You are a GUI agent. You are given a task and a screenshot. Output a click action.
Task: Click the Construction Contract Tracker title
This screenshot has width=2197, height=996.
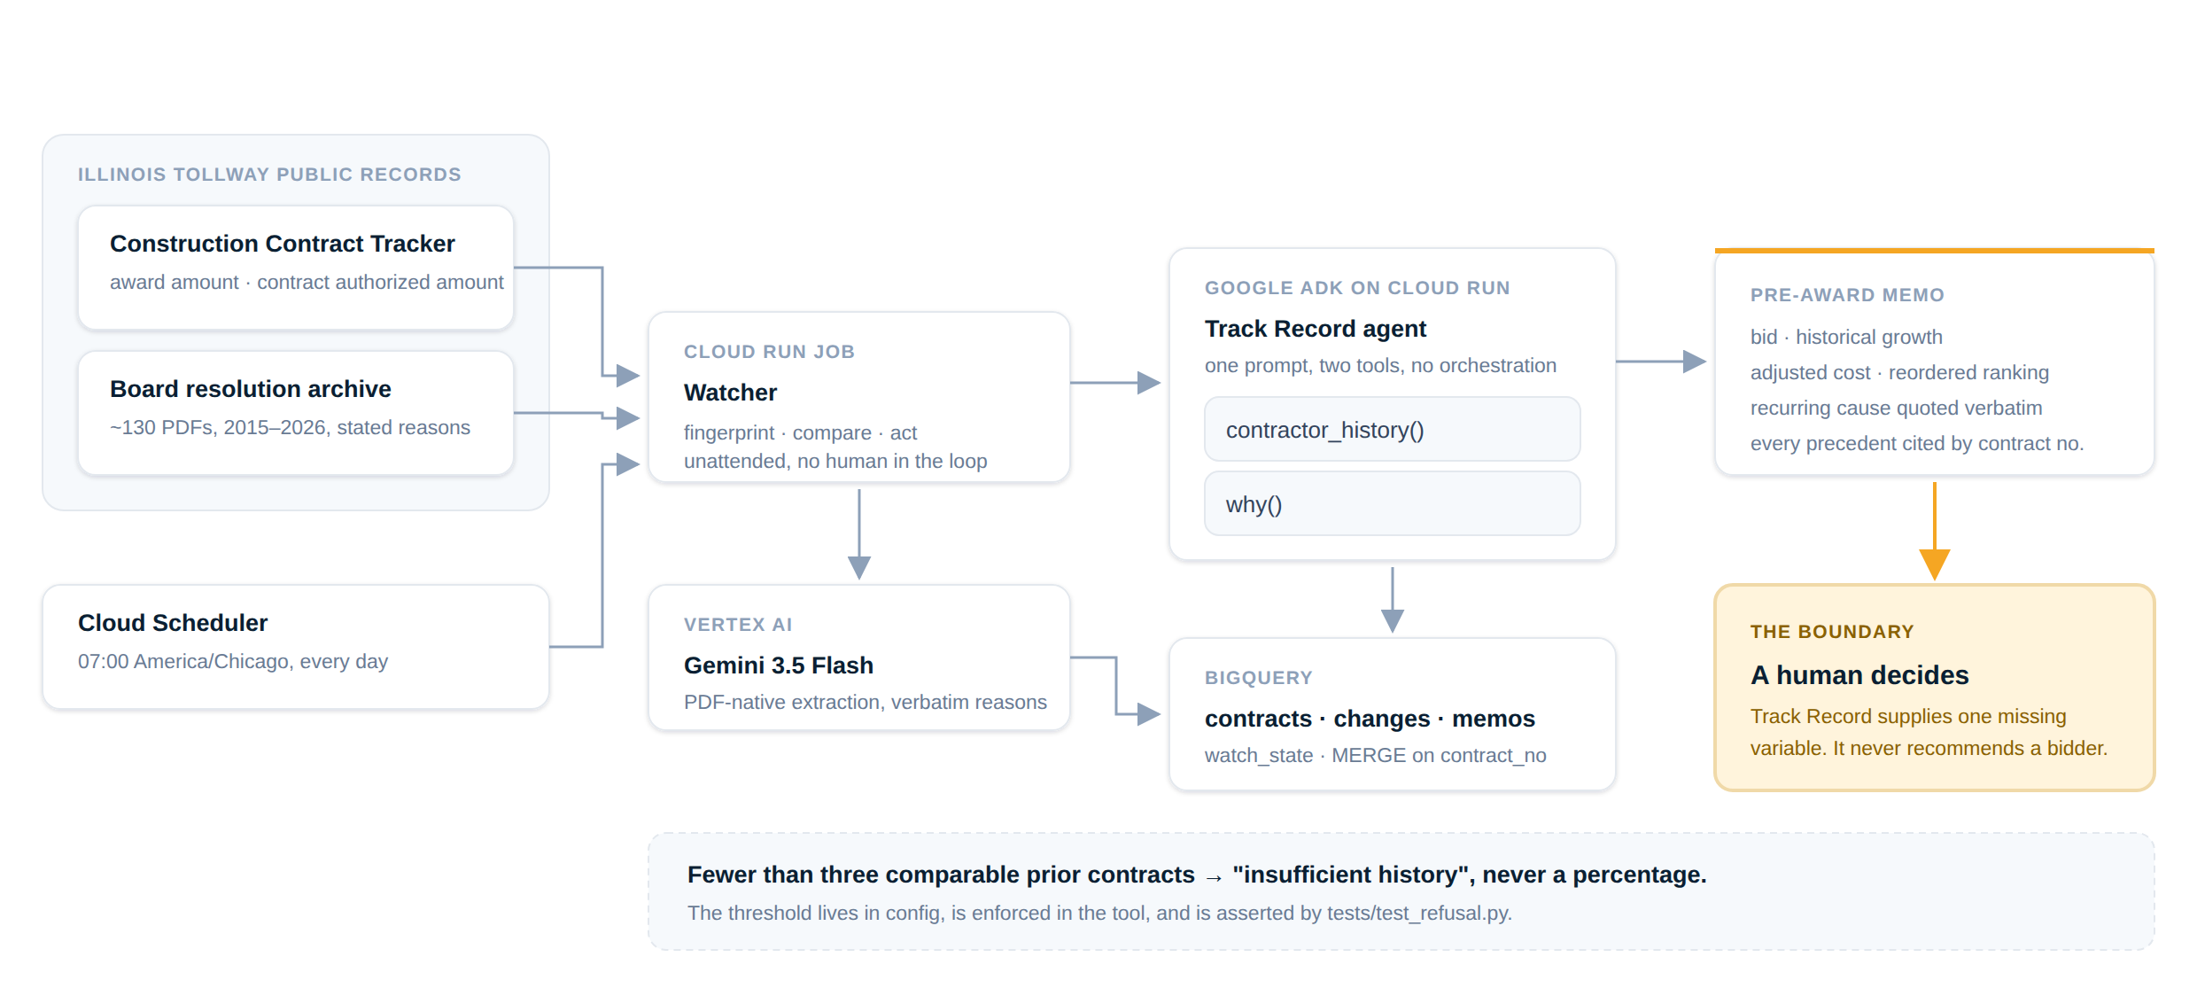[x=282, y=244]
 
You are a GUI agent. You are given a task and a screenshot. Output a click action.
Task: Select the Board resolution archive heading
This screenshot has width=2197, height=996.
[x=250, y=389]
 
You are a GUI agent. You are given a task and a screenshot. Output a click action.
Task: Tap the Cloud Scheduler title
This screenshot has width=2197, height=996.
[x=173, y=623]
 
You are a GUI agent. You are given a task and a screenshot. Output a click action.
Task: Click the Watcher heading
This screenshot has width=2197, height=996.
[x=730, y=393]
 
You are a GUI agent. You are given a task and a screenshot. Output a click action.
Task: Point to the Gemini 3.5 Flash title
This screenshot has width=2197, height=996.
[x=779, y=665]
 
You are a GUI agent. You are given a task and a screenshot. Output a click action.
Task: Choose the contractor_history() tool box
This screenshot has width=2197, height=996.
[x=1392, y=430]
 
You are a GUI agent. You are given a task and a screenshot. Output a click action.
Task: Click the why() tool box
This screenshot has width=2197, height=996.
[x=1392, y=504]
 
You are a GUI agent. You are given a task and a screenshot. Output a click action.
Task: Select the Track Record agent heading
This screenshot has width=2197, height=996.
[x=1316, y=329]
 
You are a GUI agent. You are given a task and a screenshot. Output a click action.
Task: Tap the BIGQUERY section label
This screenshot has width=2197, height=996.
[x=1259, y=678]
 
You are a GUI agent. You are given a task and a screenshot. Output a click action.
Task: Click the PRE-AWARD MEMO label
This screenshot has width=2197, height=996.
[x=1847, y=295]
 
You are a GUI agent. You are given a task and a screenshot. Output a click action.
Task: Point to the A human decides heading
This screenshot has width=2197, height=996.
[x=1859, y=675]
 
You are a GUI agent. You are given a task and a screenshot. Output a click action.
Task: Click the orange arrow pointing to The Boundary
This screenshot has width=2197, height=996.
[x=1935, y=531]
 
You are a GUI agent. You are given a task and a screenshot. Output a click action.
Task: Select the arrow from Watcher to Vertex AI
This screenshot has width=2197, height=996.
[x=859, y=534]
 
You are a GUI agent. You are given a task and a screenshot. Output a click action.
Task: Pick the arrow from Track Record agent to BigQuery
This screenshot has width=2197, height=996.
[x=1393, y=600]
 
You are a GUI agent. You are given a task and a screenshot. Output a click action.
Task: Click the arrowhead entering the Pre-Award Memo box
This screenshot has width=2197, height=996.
[x=1694, y=362]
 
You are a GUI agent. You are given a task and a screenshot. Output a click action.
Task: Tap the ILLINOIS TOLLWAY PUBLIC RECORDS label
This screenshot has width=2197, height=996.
[x=269, y=175]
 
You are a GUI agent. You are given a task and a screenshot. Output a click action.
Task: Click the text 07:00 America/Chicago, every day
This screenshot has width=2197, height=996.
[x=233, y=662]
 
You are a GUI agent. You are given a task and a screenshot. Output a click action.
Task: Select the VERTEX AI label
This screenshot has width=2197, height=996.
[x=738, y=625]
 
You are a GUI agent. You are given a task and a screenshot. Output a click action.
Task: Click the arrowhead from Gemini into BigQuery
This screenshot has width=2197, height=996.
[x=1149, y=714]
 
